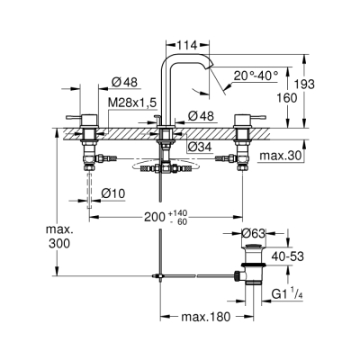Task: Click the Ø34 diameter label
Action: pos(200,146)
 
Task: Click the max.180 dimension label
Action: pos(202,318)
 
